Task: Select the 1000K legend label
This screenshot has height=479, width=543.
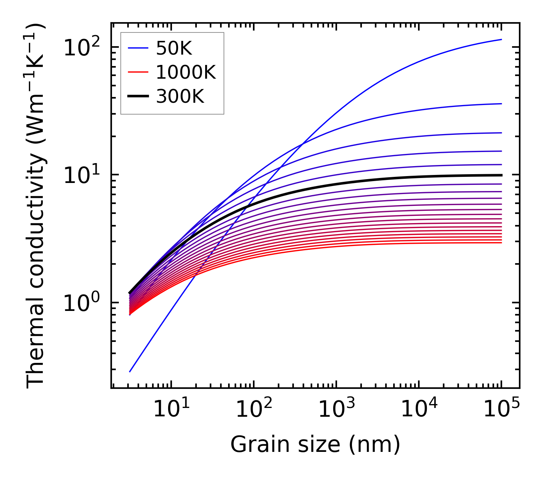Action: click(186, 73)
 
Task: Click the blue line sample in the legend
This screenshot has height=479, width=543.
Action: click(138, 48)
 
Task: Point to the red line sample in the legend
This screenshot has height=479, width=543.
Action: click(138, 73)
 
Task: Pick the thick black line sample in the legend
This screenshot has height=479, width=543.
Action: click(138, 97)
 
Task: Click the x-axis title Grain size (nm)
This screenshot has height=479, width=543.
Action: click(315, 445)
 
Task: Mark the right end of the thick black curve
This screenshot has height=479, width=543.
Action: click(501, 175)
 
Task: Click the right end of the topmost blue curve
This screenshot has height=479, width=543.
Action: click(501, 39)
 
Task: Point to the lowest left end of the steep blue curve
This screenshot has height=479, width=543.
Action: click(130, 372)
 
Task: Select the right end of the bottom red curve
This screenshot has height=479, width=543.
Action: click(501, 243)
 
